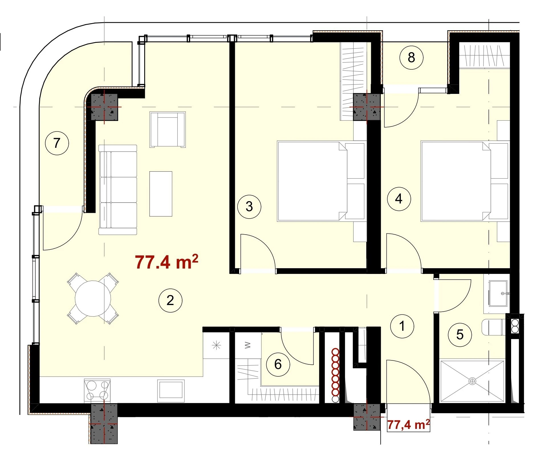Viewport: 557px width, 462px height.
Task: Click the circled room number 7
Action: [x=57, y=143]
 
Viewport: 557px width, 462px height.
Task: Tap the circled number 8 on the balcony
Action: [x=411, y=57]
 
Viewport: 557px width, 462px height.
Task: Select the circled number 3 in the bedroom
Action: [x=249, y=207]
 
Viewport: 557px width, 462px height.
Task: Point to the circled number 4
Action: [x=399, y=199]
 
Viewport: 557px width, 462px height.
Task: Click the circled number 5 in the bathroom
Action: [x=460, y=335]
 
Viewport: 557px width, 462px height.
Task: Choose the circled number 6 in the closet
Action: [x=278, y=364]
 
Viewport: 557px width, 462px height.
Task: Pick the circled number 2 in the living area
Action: [x=170, y=300]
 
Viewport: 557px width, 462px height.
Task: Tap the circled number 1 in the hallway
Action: [x=402, y=326]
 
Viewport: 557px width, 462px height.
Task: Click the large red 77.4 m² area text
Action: [x=166, y=262]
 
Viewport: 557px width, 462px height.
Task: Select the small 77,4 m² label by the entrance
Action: [x=408, y=425]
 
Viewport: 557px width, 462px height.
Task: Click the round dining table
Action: [x=93, y=298]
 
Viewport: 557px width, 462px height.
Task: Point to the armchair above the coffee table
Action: [x=168, y=130]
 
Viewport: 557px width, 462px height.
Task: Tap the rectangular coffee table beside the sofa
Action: [x=161, y=194]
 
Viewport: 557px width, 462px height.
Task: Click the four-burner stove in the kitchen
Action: [x=97, y=391]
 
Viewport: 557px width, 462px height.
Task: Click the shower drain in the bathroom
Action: [x=472, y=381]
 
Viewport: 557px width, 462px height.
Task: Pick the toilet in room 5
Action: [x=492, y=327]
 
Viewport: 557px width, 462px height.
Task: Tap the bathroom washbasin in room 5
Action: [x=498, y=293]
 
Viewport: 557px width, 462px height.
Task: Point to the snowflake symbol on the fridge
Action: [x=217, y=346]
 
